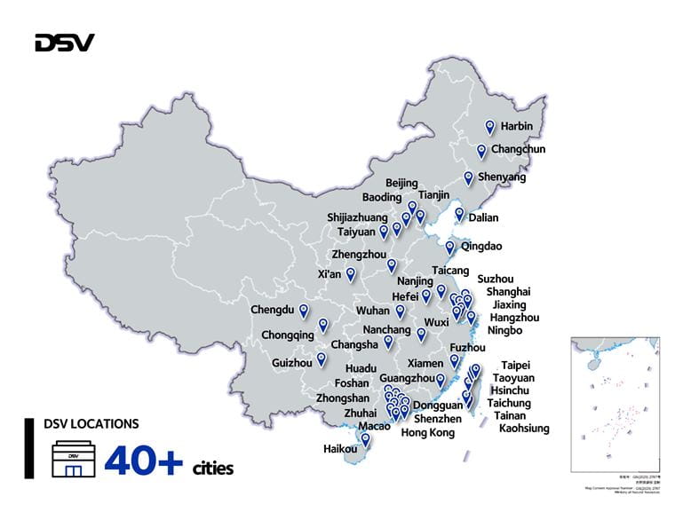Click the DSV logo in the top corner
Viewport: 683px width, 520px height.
(x=64, y=43)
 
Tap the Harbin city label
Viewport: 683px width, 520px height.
(x=516, y=127)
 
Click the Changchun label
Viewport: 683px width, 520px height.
(x=518, y=150)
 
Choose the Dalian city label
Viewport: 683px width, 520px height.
(x=484, y=217)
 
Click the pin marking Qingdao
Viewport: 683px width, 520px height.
(x=450, y=248)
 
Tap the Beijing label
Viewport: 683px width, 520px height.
(x=401, y=183)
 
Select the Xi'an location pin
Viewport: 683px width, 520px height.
(x=351, y=273)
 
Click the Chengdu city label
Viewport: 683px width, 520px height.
(x=272, y=311)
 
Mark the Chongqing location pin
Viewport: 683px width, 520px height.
(x=323, y=325)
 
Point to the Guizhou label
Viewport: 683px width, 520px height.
(x=292, y=363)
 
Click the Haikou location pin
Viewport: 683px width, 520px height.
(x=365, y=438)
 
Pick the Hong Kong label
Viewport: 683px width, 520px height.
(x=427, y=433)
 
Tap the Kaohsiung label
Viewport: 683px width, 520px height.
(x=524, y=429)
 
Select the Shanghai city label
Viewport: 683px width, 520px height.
(x=508, y=292)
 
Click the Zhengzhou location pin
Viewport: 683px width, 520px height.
(x=392, y=264)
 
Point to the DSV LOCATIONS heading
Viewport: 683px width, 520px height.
(x=91, y=424)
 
